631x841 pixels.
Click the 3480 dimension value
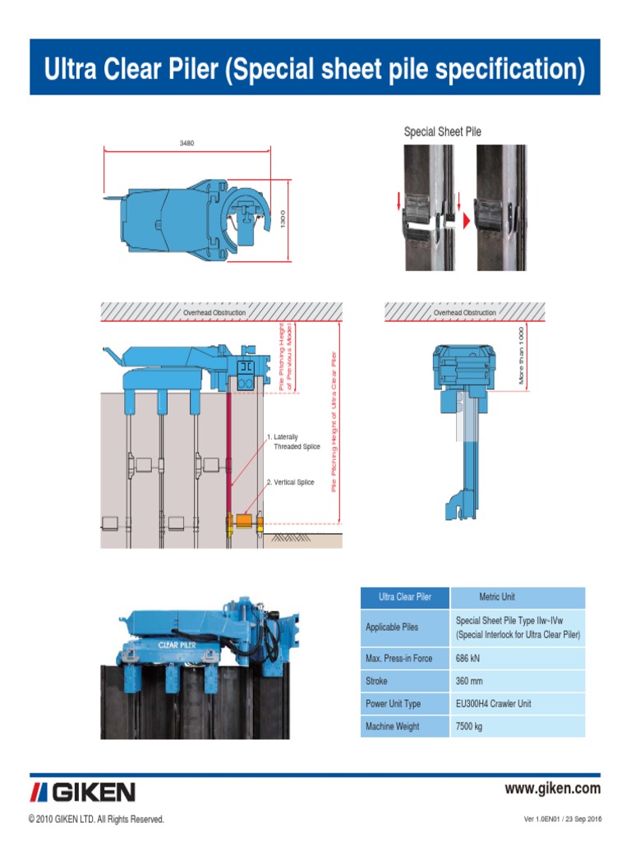point(187,143)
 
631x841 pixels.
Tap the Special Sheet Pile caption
point(442,131)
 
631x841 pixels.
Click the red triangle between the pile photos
point(465,221)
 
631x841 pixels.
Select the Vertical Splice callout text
point(292,484)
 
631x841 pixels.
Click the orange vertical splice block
point(244,521)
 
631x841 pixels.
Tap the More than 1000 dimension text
point(521,355)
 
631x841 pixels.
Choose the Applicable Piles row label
point(392,627)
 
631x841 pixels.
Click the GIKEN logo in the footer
point(83,792)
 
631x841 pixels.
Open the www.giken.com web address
point(552,789)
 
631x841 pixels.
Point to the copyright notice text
point(96,820)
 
